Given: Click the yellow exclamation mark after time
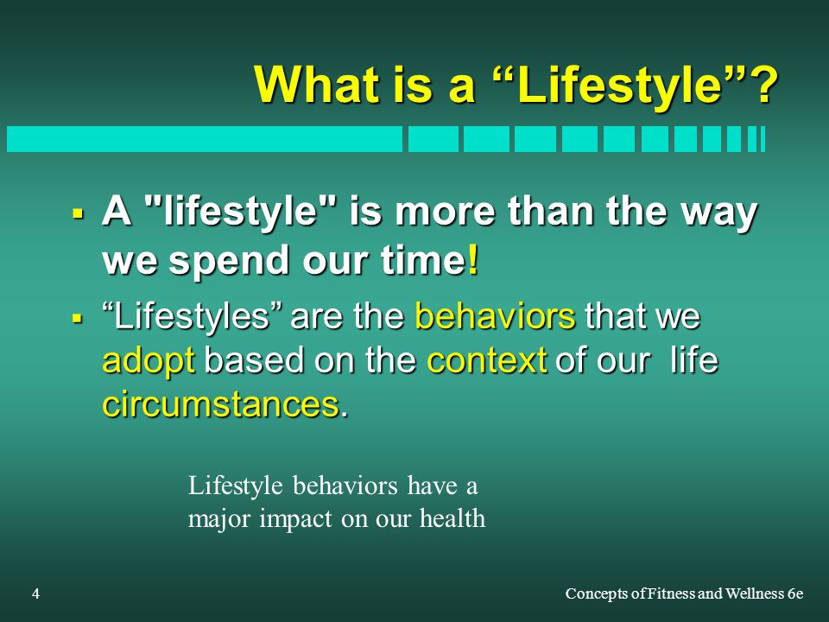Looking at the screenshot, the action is [473, 260].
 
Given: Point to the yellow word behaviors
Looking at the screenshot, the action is [495, 315].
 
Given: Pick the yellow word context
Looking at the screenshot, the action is [486, 361].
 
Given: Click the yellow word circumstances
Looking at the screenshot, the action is [220, 404].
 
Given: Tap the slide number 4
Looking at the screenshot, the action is [35, 594].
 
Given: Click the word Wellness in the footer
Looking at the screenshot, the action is [755, 594].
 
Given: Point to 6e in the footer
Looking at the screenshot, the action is [795, 594].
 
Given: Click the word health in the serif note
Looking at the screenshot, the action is [452, 518].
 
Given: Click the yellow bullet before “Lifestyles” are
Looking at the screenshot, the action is [78, 319].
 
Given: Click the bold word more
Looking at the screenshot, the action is [444, 211].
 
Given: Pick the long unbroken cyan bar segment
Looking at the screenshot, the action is [204, 139].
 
